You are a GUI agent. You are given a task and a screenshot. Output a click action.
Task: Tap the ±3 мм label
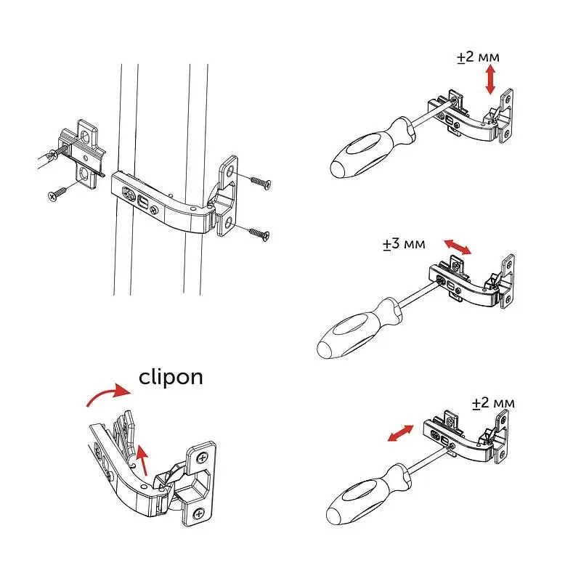coord(404,244)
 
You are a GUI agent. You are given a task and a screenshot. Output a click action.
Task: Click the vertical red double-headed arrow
coord(491,79)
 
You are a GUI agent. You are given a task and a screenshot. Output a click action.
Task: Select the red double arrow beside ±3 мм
coord(458,247)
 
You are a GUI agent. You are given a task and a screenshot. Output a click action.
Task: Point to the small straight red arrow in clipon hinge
coord(142,460)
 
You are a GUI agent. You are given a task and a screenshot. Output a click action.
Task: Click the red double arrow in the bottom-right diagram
coord(400,433)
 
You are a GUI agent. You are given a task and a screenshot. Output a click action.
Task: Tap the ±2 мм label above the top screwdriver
coord(478,57)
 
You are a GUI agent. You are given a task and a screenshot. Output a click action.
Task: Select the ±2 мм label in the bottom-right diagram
coord(494,403)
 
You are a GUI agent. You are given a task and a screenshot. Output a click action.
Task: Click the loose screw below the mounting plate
coord(57,193)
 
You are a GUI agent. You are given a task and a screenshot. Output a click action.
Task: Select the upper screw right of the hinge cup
coord(261,182)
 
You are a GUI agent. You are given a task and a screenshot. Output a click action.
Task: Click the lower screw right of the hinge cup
coord(259,234)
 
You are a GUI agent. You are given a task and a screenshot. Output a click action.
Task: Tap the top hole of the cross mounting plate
coord(86,136)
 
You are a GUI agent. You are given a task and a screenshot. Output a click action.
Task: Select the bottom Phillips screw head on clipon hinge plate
coord(199,514)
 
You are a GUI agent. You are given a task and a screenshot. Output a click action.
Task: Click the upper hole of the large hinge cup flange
coord(230,171)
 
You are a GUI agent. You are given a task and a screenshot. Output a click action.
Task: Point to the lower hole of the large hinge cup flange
coord(228,222)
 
